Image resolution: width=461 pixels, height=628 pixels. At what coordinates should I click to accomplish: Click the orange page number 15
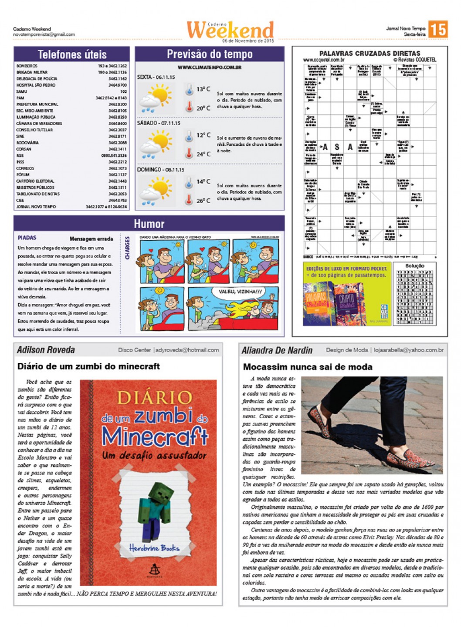pyautogui.click(x=437, y=30)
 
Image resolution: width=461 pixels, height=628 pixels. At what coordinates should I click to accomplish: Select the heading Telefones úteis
pyautogui.click(x=72, y=54)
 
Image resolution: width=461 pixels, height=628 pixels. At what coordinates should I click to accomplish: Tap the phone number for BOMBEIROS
pyautogui.click(x=112, y=66)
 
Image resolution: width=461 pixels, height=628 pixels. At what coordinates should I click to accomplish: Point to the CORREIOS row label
pyautogui.click(x=25, y=168)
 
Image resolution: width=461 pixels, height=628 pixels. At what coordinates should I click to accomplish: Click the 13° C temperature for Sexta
pyautogui.click(x=203, y=89)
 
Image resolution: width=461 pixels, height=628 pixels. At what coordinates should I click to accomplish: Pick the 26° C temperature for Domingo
pyautogui.click(x=203, y=201)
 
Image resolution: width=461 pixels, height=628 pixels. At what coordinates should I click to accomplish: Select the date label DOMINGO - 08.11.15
pyautogui.click(x=161, y=170)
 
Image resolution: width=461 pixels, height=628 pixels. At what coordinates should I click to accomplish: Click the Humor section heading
pyautogui.click(x=149, y=224)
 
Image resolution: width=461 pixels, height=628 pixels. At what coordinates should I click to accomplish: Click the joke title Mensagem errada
pyautogui.click(x=91, y=239)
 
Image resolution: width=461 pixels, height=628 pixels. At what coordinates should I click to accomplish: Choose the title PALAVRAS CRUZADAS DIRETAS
pyautogui.click(x=369, y=53)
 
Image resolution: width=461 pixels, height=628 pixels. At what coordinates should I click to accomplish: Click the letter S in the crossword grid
pyautogui.click(x=337, y=147)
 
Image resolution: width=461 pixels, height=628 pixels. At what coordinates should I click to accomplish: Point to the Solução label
pyautogui.click(x=414, y=266)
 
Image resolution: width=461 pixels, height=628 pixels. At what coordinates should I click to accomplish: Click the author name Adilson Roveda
pyautogui.click(x=46, y=350)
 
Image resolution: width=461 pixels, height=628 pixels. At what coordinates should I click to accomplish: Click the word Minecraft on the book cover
pyautogui.click(x=155, y=436)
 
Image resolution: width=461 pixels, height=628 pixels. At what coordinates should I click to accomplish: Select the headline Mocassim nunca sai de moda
pyautogui.click(x=308, y=367)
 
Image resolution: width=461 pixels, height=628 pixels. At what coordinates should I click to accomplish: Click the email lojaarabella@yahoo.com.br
pyautogui.click(x=409, y=350)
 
